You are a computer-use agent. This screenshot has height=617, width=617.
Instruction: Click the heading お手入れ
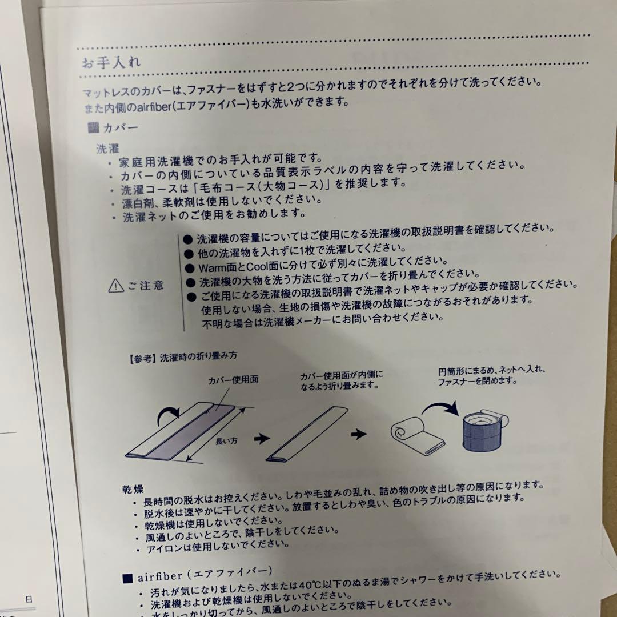(111, 62)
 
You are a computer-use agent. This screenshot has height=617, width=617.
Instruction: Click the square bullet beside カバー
(93, 127)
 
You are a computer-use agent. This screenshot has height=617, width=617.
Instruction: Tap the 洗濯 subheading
(107, 149)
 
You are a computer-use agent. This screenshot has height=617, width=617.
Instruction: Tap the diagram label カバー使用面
(233, 379)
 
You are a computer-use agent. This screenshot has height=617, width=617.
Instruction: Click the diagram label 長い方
(226, 441)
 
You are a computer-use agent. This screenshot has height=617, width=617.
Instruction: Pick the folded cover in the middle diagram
(307, 434)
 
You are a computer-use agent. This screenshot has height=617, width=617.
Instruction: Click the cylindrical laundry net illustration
(484, 430)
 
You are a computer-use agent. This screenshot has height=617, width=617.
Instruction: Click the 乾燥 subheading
(133, 490)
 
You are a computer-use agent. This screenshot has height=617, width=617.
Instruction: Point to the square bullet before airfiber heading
(127, 578)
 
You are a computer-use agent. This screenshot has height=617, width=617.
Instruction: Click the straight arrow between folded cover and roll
(359, 434)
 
